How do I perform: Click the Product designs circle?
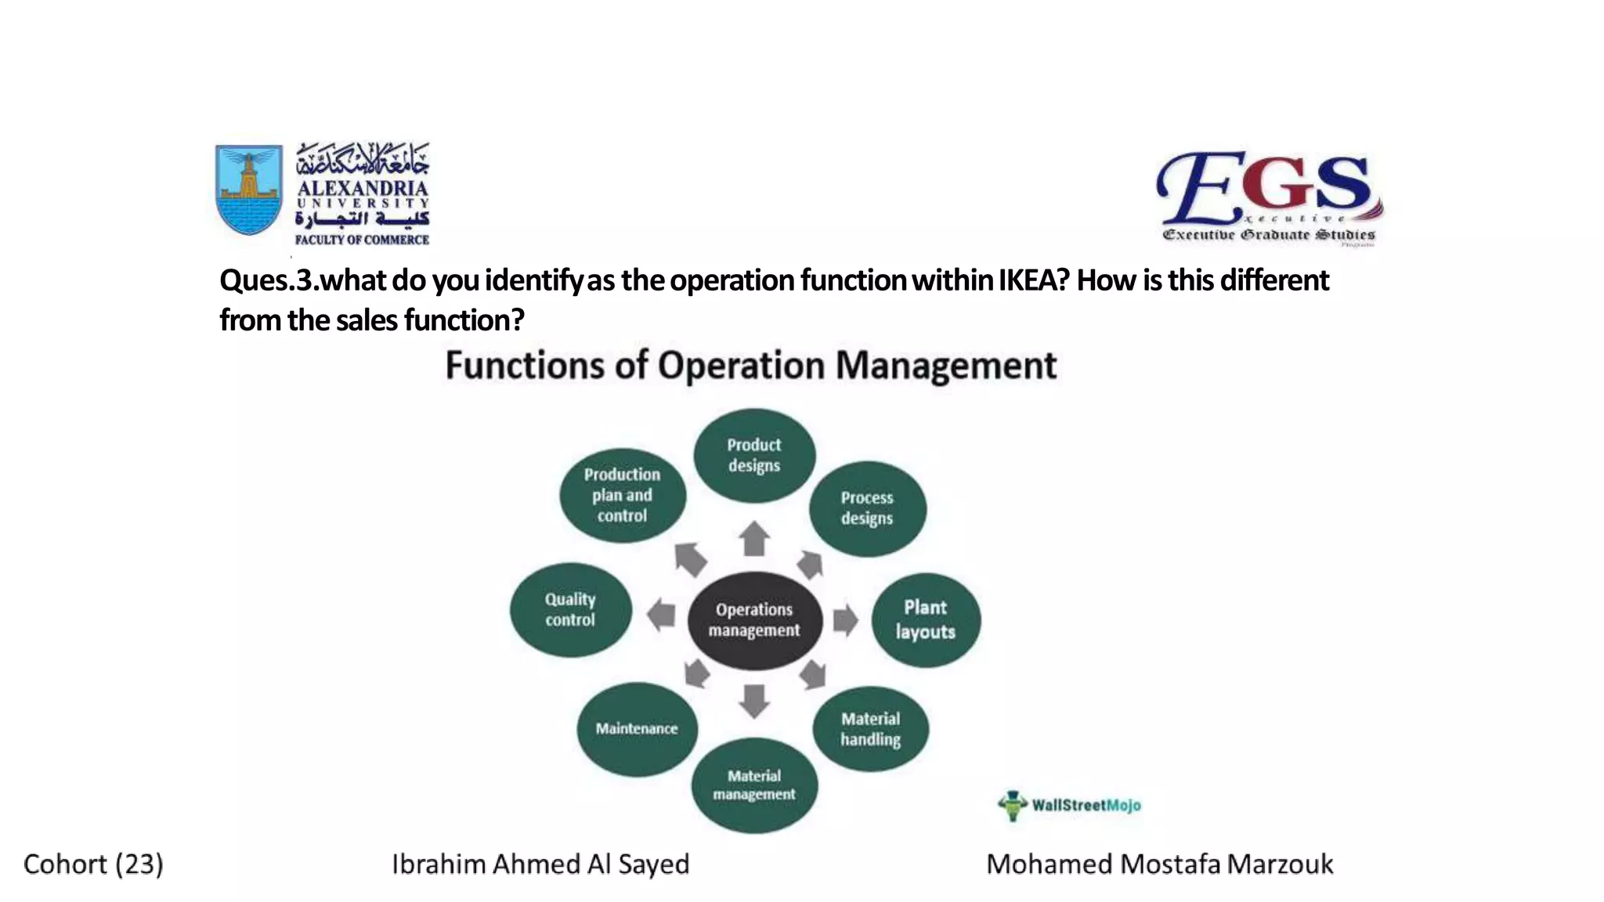pos(754,455)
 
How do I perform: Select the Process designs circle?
pos(867,508)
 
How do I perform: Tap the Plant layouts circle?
pos(926,619)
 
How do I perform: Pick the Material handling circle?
pos(871,729)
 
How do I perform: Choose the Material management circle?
pos(754,785)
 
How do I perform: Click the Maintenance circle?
pos(637,729)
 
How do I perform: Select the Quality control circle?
pos(570,610)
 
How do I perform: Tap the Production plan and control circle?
pos(623,495)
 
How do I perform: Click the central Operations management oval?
pos(755,620)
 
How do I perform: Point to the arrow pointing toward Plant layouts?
pos(845,620)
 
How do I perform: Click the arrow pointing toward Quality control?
pos(662,615)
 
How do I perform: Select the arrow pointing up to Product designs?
pos(755,539)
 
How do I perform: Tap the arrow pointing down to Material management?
pos(754,700)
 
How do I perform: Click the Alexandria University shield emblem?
pos(249,189)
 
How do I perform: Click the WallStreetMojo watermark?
pos(1071,805)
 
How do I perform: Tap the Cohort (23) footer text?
pos(93,864)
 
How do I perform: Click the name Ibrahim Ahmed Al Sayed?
pos(540,864)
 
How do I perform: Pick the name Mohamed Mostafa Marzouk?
pos(1159,864)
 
